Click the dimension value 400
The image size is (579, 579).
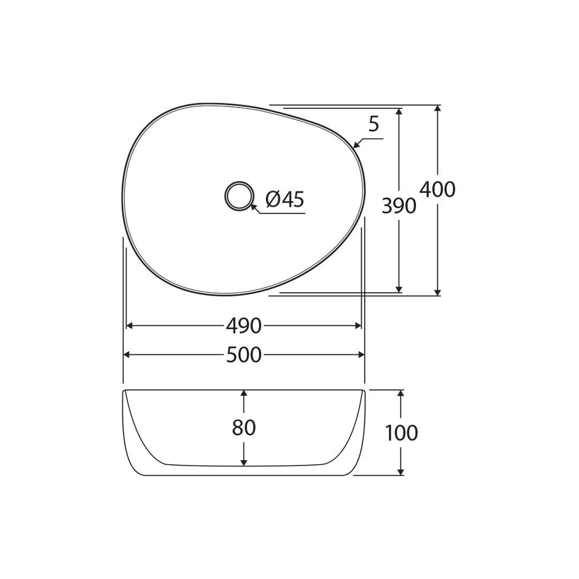437,190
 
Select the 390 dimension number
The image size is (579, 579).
398,206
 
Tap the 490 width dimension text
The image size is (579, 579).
243,325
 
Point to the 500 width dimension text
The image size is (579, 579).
243,355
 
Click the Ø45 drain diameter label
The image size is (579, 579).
285,199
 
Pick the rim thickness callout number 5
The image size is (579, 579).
374,125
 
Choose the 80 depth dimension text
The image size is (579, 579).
243,428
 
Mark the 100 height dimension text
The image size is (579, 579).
401,433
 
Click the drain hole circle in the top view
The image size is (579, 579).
239,196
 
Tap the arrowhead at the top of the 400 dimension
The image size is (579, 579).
437,108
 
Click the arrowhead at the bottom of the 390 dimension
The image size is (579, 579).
398,289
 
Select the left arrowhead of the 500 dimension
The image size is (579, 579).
127,355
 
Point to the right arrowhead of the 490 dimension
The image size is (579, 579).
358,325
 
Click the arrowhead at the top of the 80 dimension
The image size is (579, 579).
244,394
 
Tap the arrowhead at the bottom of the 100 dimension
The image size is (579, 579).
400,472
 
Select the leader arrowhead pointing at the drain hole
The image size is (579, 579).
254,206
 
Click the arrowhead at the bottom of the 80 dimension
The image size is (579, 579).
244,463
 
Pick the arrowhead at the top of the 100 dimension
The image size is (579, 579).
400,394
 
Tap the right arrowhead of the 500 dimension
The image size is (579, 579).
361,355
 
